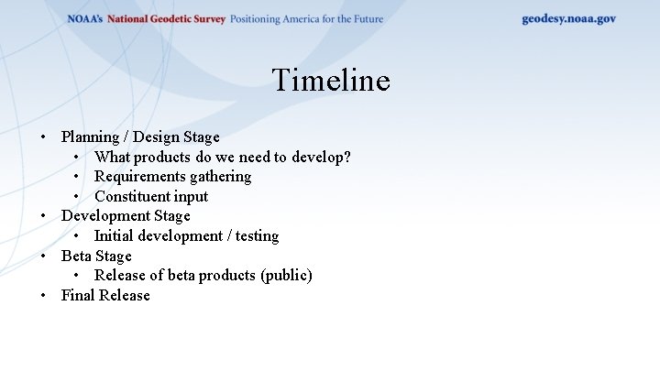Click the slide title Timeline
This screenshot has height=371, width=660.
(330, 81)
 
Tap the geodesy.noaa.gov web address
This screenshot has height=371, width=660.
(568, 18)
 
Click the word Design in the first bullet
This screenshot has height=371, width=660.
(157, 137)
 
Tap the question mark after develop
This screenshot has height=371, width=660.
(346, 158)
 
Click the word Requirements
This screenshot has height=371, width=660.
(137, 177)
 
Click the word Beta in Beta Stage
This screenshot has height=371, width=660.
(77, 256)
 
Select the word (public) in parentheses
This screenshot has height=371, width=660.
(285, 276)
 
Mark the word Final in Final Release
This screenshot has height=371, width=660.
(78, 296)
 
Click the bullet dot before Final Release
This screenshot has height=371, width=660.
(43, 296)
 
